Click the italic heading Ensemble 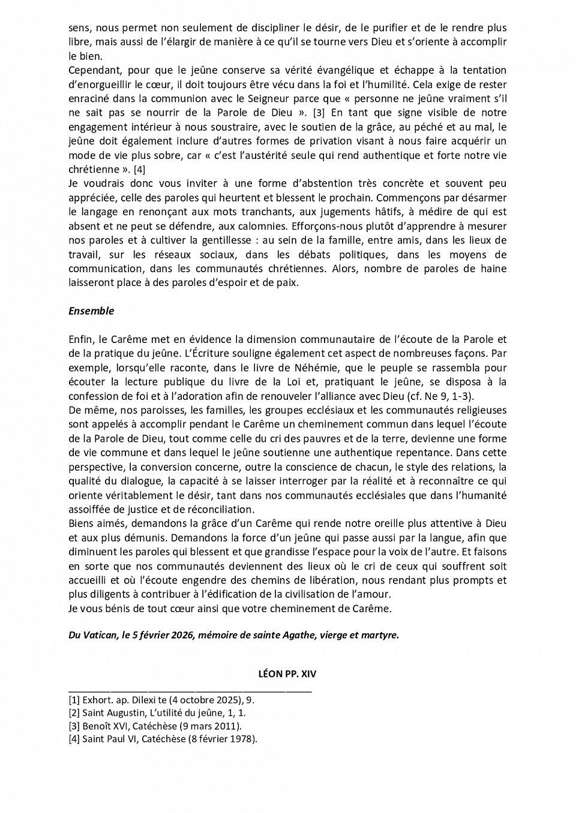[x=91, y=311]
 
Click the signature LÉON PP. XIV [x=287, y=673]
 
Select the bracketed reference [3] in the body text [x=319, y=113]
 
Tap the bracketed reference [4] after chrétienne [x=139, y=170]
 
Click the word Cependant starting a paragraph [x=94, y=70]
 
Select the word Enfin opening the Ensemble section [x=80, y=339]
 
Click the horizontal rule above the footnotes [x=190, y=691]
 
